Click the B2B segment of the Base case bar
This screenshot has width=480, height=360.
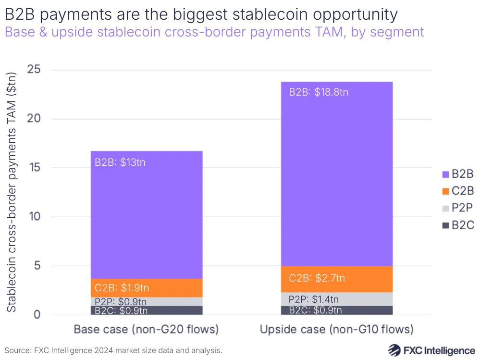tap(147, 216)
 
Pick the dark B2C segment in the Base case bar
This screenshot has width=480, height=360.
tap(147, 310)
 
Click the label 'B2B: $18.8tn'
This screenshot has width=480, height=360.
tap(319, 92)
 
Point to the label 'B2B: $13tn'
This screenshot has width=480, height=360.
tap(120, 162)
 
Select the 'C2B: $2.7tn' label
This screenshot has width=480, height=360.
tap(317, 278)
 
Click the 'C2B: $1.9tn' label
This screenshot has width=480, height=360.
tap(122, 288)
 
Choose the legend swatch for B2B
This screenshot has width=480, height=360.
tap(444, 174)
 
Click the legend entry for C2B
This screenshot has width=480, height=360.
tap(456, 191)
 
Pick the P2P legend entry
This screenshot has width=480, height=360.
tap(456, 208)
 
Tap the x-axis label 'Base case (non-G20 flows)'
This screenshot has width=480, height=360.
tap(146, 330)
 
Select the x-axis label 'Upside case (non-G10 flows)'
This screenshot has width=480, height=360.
tap(336, 330)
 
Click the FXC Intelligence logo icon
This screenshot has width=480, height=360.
tap(395, 350)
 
